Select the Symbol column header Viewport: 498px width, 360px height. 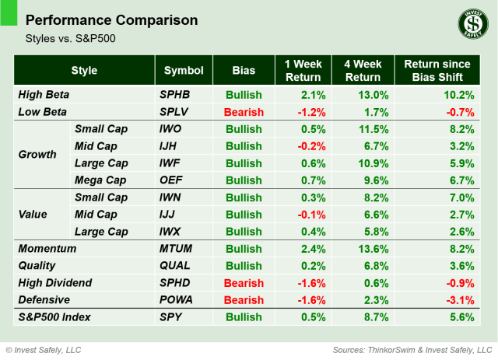[x=184, y=71]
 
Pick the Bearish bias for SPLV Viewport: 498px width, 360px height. [x=243, y=112]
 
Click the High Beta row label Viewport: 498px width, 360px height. [x=44, y=94]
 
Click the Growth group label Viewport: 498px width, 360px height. [x=37, y=154]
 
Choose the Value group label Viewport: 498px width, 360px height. [x=33, y=215]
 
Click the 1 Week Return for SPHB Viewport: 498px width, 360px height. [x=309, y=94]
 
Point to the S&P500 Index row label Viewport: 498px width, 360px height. [x=54, y=318]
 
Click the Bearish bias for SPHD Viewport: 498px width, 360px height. [x=243, y=282]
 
